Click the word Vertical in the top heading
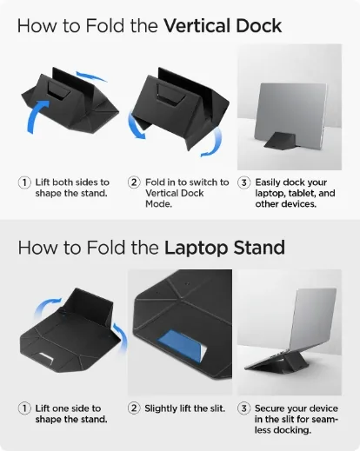coord(197,25)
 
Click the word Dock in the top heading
coord(259,25)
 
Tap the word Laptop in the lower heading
coord(197,249)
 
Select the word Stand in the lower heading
coord(259,248)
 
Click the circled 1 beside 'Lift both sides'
coord(24,182)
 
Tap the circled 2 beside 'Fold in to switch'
coord(134,182)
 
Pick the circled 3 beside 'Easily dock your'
coord(243,182)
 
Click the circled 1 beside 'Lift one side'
coord(24,408)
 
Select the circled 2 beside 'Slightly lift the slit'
coord(134,408)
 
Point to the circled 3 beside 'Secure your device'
coord(243,408)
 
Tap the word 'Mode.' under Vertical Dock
coord(158,204)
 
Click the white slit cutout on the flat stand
coord(46,357)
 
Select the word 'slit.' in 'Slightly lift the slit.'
coord(216,408)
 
